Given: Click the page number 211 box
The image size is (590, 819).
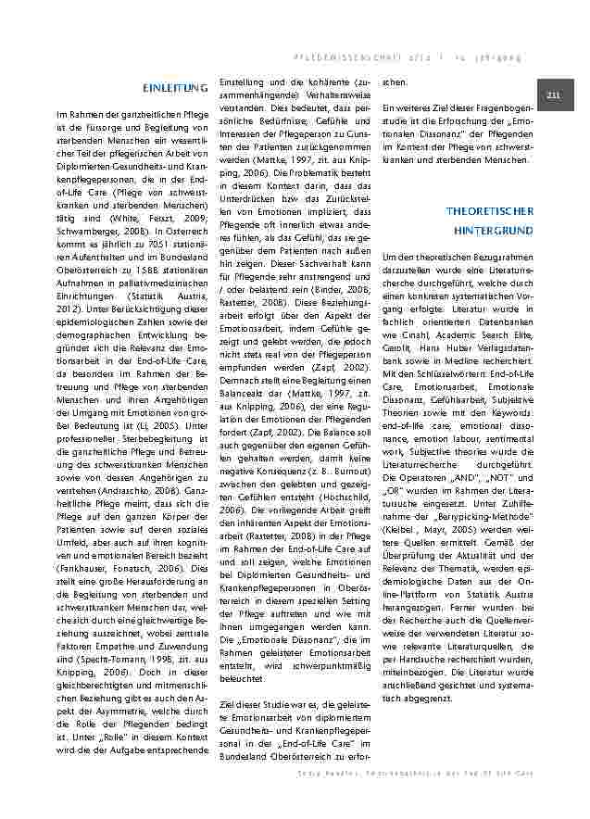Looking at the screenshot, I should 554,96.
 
